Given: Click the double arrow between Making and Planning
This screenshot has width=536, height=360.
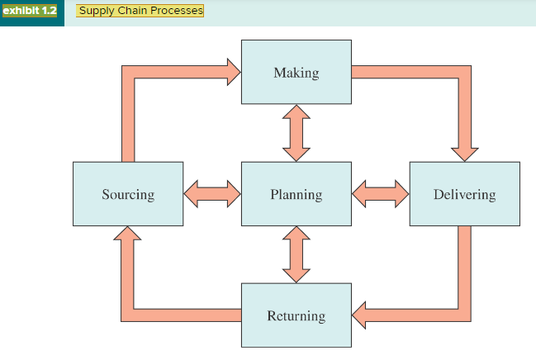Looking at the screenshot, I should click(296, 133).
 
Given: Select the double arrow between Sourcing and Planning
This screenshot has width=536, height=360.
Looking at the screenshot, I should click(211, 194).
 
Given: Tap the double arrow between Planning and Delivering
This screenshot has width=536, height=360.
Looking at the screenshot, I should click(380, 194).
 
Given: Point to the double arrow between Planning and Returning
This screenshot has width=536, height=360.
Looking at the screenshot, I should click(296, 254).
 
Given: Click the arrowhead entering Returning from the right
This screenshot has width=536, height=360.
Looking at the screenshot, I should click(361, 315).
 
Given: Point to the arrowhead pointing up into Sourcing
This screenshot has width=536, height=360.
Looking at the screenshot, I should click(127, 236).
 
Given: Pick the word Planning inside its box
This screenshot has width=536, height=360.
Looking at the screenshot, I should click(296, 195).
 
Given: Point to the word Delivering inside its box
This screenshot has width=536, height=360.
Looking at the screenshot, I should click(464, 195).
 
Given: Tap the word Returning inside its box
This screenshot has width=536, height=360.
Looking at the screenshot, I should click(296, 315).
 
